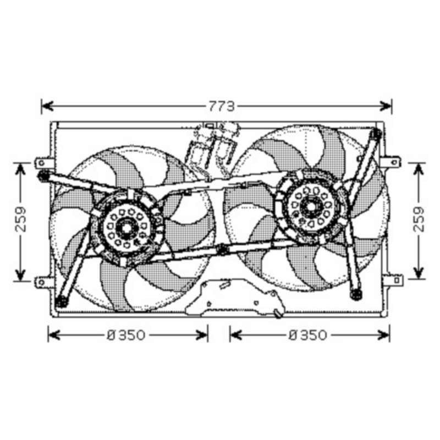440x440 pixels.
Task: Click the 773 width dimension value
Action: point(222,106)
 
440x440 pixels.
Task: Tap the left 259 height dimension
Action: point(21,219)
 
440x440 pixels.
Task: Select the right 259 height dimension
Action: point(419,219)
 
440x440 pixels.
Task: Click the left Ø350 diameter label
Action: point(127,335)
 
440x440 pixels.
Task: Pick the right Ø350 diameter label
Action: point(308,335)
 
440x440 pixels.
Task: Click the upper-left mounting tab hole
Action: point(42,162)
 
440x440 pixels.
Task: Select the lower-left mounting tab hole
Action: point(42,282)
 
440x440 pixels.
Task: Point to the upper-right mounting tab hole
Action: point(394,162)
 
